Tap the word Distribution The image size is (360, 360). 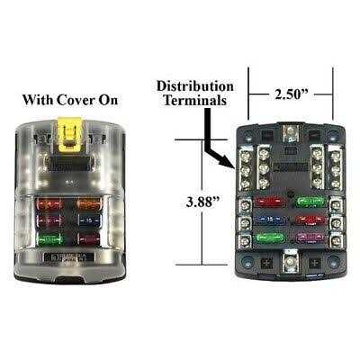click(195, 86)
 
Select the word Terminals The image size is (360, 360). click(194, 100)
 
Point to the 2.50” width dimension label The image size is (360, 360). click(292, 94)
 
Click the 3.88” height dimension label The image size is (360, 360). click(203, 202)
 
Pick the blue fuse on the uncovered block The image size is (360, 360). click(269, 220)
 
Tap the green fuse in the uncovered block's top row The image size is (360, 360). click(310, 202)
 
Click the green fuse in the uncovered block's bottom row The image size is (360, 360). click(269, 238)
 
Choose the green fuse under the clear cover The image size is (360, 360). click(49, 239)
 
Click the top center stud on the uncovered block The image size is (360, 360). click(291, 131)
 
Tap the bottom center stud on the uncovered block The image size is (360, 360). click(290, 262)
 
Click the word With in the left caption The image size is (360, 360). click(38, 100)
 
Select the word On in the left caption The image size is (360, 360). click(109, 100)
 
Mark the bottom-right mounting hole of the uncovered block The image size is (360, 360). click(332, 261)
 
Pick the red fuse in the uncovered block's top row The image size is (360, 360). click(269, 202)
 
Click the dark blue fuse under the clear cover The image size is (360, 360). click(89, 220)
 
